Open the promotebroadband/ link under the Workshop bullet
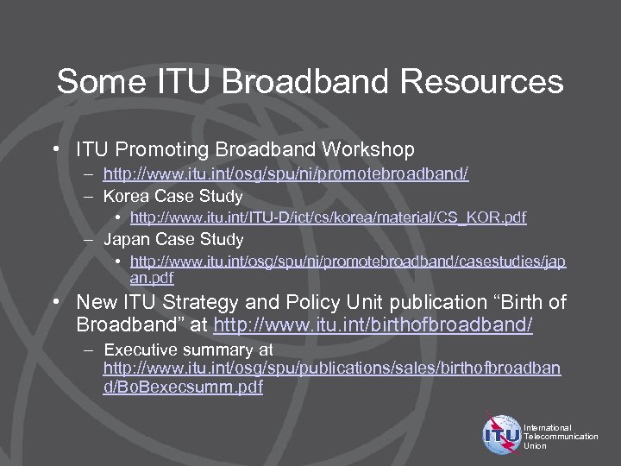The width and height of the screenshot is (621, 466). [285, 174]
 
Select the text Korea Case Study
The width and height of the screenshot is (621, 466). [173, 196]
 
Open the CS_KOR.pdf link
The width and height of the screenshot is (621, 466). [328, 217]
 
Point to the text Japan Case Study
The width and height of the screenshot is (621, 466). [173, 239]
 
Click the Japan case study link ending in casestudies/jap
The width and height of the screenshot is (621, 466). [348, 261]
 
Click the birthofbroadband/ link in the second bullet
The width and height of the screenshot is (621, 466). [373, 324]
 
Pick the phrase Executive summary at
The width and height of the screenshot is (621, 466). [188, 349]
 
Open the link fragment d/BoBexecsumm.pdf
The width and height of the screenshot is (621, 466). [183, 387]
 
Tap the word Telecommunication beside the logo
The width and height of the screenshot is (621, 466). [561, 437]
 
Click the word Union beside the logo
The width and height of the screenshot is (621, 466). [535, 446]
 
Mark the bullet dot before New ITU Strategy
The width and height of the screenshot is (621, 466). [55, 302]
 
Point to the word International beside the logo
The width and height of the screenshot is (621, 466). [548, 427]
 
